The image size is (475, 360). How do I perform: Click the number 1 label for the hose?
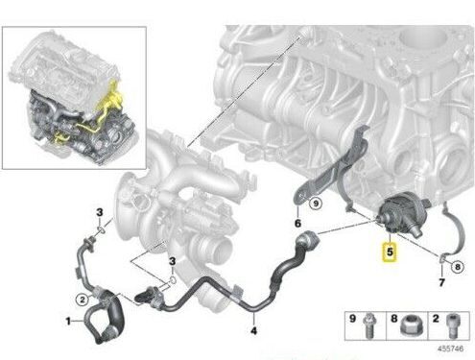pos(68,321)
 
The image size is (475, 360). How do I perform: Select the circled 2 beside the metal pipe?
pos(83,300)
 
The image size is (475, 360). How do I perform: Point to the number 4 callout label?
pos(253,330)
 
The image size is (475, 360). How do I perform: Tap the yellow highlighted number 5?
pos(390,252)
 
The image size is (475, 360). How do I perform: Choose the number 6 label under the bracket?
pos(297,223)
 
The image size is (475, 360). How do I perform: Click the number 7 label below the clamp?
pos(441,282)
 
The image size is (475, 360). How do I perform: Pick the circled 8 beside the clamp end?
pos(458,267)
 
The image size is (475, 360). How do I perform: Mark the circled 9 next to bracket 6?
pos(316,204)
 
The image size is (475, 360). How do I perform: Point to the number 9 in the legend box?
pos(352,318)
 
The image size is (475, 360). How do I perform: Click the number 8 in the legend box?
pos(394,318)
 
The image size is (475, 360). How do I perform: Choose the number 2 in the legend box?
pos(436,318)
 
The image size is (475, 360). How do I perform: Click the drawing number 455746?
pos(450,348)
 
